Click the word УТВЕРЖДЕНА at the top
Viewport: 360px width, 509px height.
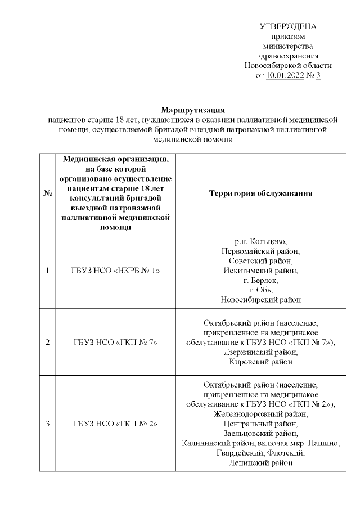[288, 26]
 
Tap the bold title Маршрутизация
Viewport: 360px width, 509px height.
[192, 110]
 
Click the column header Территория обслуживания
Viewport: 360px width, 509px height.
[260, 193]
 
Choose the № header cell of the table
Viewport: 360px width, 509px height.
[48, 193]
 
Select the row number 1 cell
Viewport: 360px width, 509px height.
[48, 271]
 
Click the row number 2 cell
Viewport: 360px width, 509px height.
[48, 342]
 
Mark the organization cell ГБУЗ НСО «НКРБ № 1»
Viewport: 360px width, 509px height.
[116, 271]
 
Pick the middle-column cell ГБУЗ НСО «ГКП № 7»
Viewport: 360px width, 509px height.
[116, 342]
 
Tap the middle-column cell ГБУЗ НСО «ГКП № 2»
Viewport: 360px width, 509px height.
[116, 424]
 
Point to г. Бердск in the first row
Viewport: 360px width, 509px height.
[260, 280]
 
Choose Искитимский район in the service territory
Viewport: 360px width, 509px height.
[260, 271]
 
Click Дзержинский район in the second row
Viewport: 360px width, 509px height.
[260, 352]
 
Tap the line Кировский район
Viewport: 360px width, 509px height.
[260, 362]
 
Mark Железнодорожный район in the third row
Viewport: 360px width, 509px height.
[260, 414]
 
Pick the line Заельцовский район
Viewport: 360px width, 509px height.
[260, 433]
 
